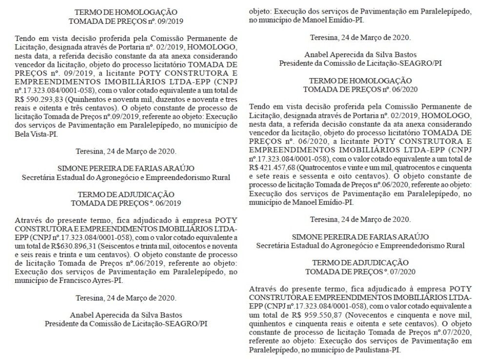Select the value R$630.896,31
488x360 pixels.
[79, 245]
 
